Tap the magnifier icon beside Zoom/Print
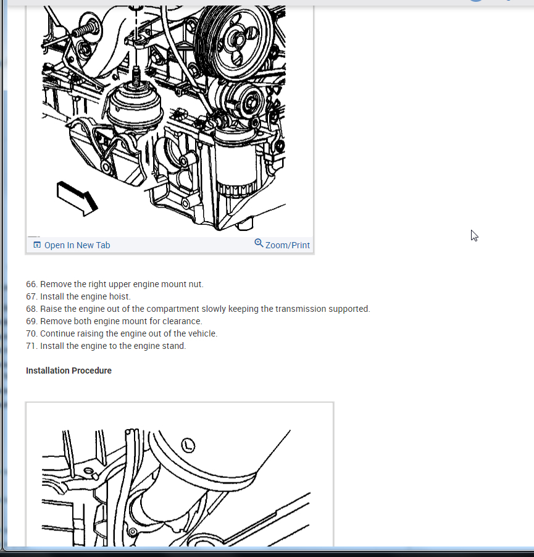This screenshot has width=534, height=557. pyautogui.click(x=259, y=243)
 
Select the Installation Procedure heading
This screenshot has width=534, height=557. pyautogui.click(x=69, y=371)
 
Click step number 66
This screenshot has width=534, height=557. pyautogui.click(x=31, y=284)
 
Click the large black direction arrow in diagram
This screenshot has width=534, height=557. pyautogui.click(x=77, y=198)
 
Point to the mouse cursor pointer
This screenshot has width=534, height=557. pyautogui.click(x=474, y=235)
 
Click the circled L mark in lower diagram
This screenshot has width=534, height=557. pyautogui.click(x=188, y=445)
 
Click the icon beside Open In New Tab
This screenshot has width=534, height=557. pyautogui.click(x=37, y=245)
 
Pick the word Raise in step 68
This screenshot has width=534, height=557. pyautogui.click(x=51, y=309)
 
